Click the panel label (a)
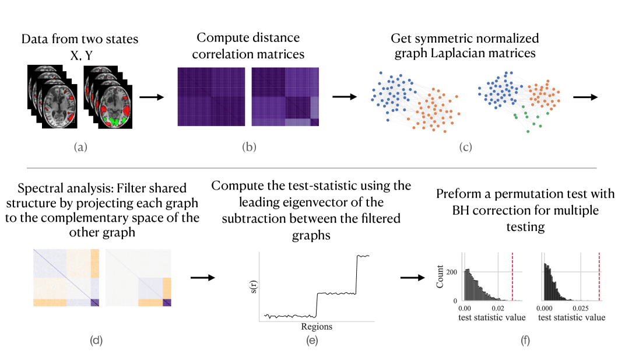80,147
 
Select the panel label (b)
249,147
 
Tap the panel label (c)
465,147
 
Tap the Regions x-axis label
317,327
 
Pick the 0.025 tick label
578,306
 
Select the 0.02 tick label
497,306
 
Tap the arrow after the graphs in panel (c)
585,97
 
